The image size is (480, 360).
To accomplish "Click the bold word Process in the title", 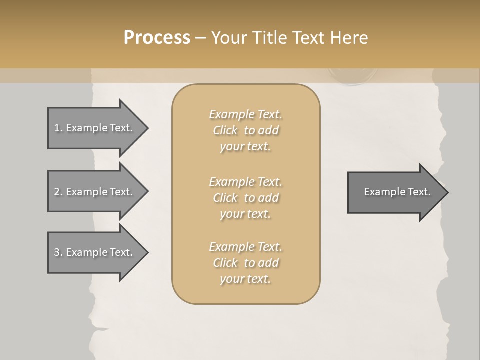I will click(157, 38).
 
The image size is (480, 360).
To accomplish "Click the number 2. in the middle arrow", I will click(58, 192).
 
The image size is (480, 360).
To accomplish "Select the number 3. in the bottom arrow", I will click(58, 252).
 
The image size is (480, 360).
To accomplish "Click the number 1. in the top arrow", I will click(58, 128).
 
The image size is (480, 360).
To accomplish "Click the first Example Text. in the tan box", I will click(245, 114).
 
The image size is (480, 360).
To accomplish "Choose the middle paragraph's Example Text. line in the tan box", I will click(245, 182).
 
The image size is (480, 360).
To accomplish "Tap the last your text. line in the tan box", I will click(245, 279).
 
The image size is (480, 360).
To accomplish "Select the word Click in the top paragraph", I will click(225, 130).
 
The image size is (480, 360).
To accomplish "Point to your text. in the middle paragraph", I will click(245, 214).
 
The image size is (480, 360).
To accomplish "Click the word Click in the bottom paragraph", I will click(225, 263).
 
